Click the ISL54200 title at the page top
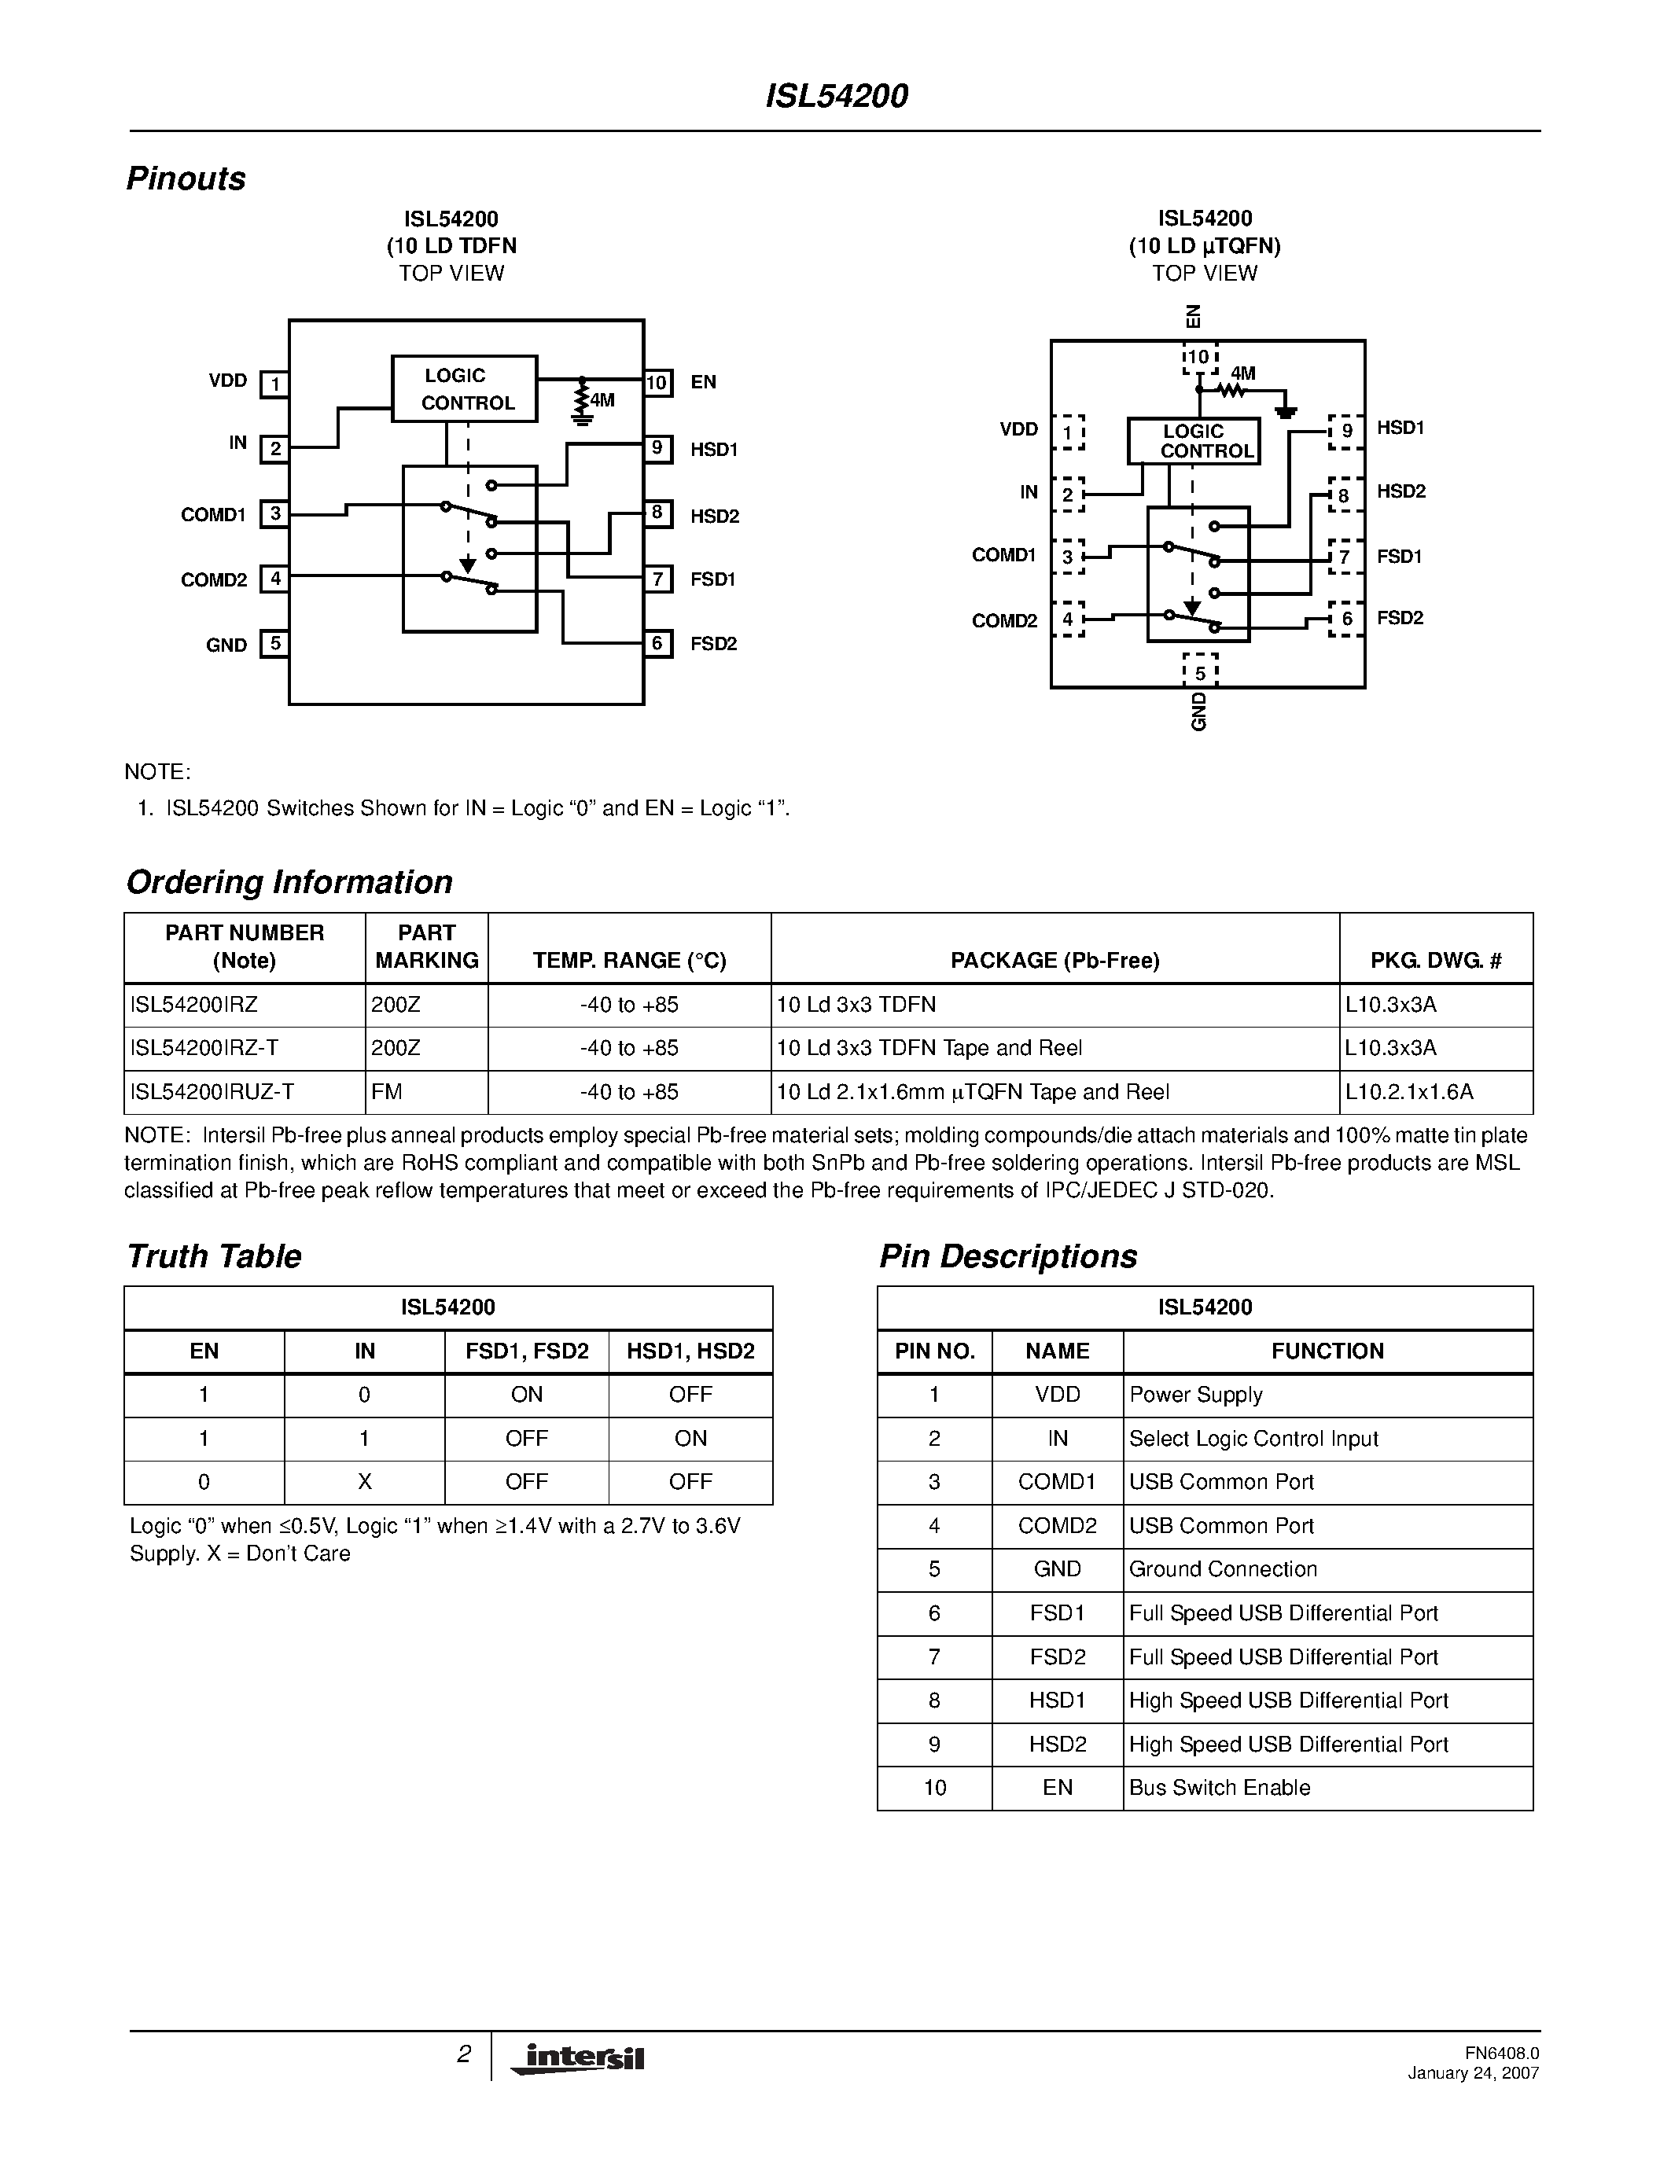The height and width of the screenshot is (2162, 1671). pos(837,96)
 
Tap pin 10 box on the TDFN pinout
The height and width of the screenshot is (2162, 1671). pos(657,383)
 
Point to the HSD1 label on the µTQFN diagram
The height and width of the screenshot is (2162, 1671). pos(1400,428)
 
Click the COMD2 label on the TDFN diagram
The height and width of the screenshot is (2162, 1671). pos(213,580)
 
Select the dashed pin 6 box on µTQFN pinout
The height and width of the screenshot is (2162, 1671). pos(1346,619)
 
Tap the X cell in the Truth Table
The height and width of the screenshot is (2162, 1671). pos(364,1482)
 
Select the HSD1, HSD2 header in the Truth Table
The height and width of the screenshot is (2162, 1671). pos(690,1351)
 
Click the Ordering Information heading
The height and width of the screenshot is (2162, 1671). pos(289,882)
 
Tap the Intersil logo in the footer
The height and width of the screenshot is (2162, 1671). pos(579,2058)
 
